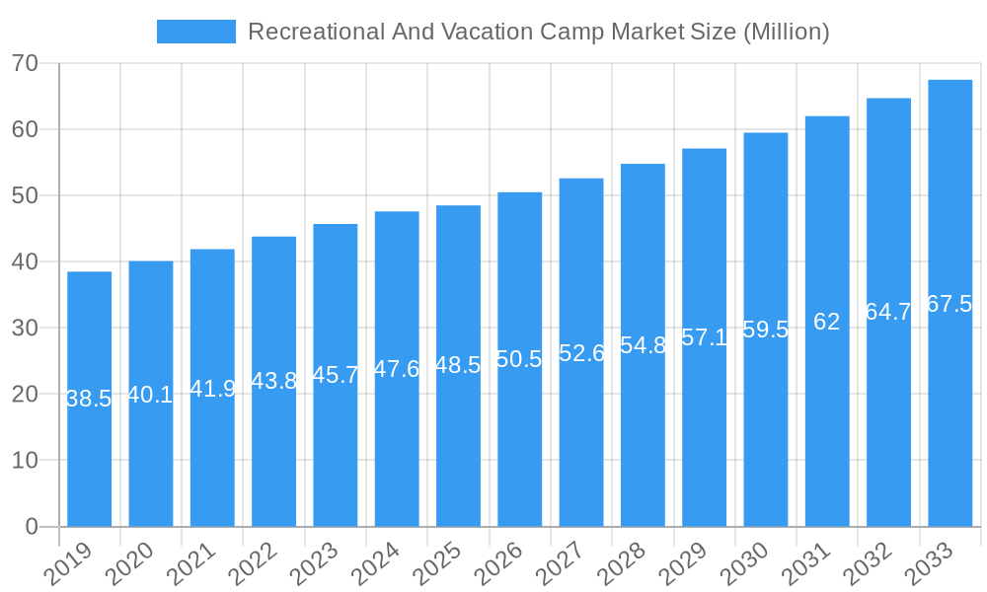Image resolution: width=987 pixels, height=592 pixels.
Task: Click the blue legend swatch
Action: point(195,32)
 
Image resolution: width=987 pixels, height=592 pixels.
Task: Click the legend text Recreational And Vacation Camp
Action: point(425,32)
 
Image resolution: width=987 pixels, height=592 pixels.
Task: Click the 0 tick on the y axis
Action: point(32,526)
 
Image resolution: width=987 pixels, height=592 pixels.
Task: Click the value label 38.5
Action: point(89,400)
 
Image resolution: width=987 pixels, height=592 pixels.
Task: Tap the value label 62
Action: point(827,322)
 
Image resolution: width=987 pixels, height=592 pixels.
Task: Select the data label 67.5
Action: point(949,304)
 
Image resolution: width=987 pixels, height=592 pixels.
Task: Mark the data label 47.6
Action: point(397,369)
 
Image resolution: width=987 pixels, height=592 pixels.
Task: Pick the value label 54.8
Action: point(643,345)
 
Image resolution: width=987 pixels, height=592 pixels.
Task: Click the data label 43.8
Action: point(273,382)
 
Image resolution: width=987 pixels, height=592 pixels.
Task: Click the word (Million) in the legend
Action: point(786,32)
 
